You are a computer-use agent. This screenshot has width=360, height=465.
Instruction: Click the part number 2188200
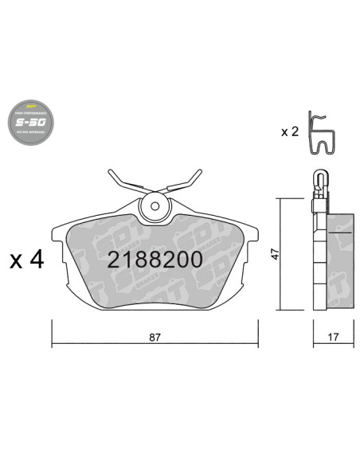point(155,260)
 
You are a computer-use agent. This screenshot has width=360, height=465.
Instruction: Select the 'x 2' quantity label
point(290,131)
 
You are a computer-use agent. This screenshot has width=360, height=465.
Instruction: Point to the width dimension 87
point(155,337)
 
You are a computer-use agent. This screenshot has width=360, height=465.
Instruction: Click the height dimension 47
point(273,255)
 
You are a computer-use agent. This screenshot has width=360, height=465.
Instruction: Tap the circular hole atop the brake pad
point(155,209)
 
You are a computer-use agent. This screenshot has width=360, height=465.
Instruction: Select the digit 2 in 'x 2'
point(296,131)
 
